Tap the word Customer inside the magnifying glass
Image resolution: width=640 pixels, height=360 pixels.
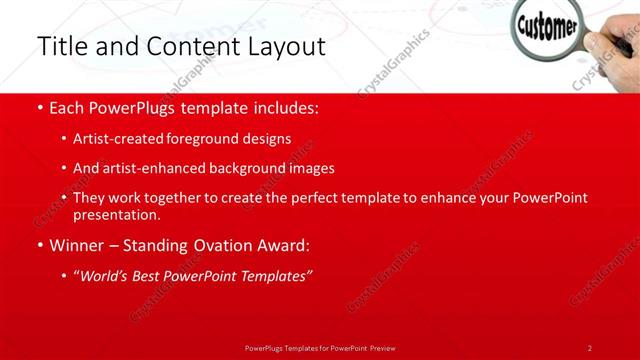(545, 24)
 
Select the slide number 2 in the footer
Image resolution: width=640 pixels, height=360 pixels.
(590, 348)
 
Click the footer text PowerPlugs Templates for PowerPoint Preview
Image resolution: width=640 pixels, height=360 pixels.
(320, 348)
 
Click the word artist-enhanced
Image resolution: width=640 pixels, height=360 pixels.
(149, 168)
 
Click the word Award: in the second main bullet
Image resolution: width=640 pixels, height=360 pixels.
(284, 245)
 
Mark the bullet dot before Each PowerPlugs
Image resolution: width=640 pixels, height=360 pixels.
(40, 107)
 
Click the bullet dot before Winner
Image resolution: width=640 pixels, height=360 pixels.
(40, 245)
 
